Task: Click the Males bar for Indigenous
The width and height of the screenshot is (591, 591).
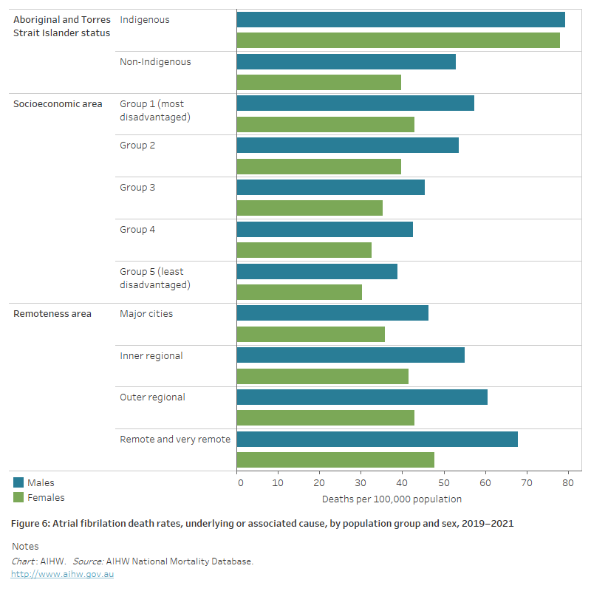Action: coord(400,20)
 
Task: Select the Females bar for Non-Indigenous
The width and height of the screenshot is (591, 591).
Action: coord(318,82)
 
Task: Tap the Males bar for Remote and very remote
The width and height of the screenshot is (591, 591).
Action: coord(377,440)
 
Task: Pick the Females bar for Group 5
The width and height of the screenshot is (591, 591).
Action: coord(299,293)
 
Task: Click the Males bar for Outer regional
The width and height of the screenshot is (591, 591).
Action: coord(362,397)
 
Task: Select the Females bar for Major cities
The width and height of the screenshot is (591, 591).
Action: coord(310,335)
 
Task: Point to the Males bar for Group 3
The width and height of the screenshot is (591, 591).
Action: coord(330,188)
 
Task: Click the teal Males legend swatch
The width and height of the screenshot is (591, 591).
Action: coord(18,482)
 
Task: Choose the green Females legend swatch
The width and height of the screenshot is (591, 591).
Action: coord(18,497)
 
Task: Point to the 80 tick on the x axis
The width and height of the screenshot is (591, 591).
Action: coord(567,483)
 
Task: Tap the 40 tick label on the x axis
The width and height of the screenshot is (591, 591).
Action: coord(402,483)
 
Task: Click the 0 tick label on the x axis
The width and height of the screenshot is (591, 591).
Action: coord(240,483)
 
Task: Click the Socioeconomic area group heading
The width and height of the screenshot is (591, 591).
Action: coord(58,104)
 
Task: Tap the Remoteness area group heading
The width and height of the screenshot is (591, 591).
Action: coord(52,314)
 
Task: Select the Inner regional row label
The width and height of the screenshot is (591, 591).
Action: coord(151,356)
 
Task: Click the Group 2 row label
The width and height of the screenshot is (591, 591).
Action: coord(137,146)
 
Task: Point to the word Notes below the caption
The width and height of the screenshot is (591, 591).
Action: coord(26,547)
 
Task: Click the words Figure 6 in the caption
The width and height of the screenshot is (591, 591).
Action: coord(30,524)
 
